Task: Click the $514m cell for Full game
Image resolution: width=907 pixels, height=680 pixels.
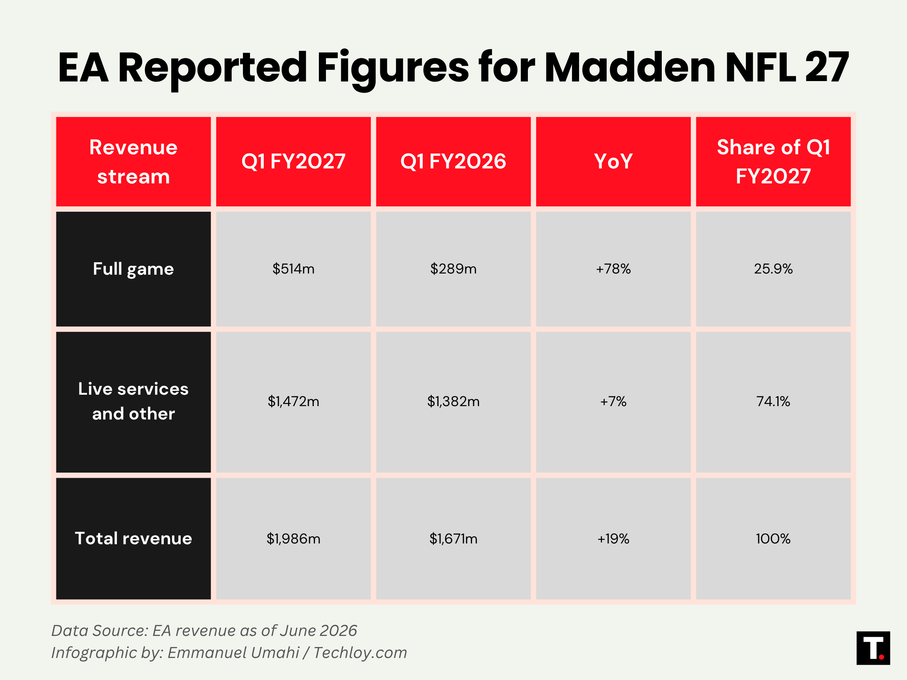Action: [293, 269]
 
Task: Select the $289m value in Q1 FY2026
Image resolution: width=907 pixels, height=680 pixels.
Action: [453, 269]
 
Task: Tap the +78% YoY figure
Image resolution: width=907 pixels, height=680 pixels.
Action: [613, 269]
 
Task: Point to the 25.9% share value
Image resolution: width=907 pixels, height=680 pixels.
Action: [773, 269]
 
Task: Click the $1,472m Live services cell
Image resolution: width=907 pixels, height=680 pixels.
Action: [293, 401]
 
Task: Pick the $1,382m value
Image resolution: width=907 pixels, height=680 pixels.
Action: [453, 401]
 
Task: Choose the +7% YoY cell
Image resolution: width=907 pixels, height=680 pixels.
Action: [613, 401]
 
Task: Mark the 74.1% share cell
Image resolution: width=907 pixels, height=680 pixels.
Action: [773, 401]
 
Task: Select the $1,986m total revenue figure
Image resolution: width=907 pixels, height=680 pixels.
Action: [293, 539]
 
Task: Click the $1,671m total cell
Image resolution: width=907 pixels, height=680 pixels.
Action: [453, 539]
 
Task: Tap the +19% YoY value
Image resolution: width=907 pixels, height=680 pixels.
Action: [613, 539]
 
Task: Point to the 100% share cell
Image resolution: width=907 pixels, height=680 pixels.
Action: [773, 539]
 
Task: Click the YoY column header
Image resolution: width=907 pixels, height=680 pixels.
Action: [613, 161]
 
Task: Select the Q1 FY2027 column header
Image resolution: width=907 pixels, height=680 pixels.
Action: [293, 161]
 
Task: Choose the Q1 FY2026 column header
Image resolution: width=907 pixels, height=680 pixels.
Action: [453, 161]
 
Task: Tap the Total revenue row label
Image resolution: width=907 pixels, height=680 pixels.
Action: [133, 539]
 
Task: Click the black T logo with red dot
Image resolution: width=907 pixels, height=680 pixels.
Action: [874, 648]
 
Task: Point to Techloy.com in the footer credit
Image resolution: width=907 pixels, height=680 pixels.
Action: [360, 652]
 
